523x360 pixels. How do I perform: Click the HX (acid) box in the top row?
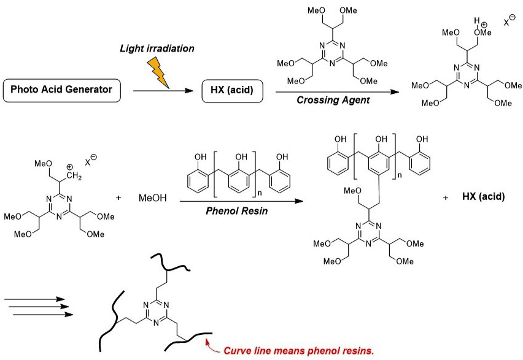coord(233,90)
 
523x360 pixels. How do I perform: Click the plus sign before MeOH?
coord(118,199)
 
